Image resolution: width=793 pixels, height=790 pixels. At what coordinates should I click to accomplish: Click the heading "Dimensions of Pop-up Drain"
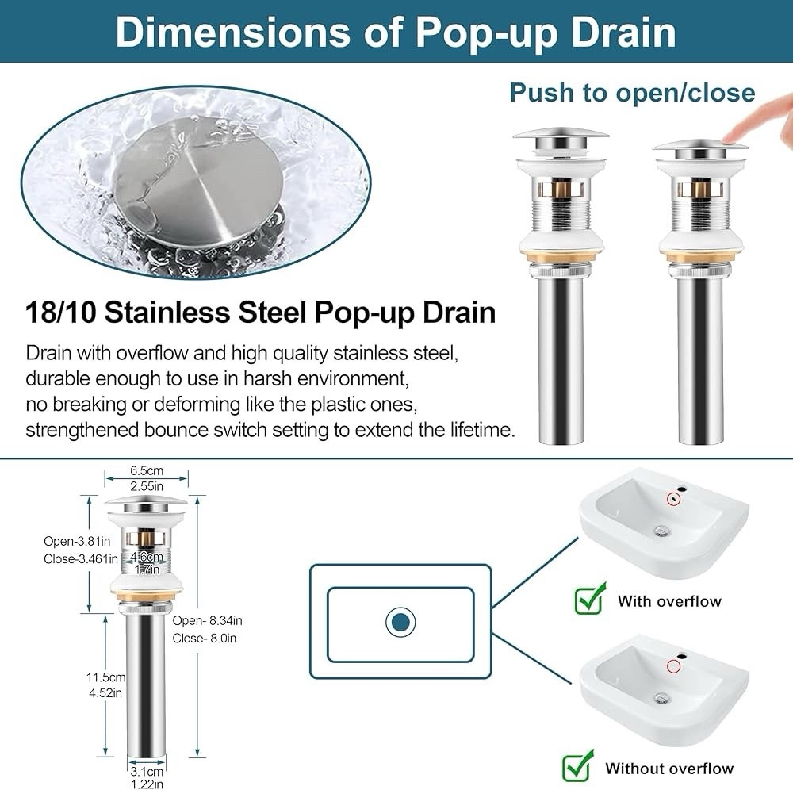click(x=396, y=32)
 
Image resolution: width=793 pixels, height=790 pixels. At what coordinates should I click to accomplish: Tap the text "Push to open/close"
click(x=632, y=93)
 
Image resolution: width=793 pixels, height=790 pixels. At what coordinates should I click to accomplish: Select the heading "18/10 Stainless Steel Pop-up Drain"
click(x=261, y=312)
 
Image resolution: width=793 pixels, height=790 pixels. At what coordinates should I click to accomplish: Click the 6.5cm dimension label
click(x=147, y=471)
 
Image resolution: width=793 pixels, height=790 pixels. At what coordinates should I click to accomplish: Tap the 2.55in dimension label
click(x=147, y=486)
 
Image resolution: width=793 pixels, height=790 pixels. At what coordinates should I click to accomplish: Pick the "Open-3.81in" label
click(x=77, y=541)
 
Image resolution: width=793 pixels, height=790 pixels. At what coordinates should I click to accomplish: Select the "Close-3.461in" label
click(x=80, y=559)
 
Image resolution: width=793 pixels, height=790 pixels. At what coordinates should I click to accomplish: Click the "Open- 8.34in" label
click(x=207, y=620)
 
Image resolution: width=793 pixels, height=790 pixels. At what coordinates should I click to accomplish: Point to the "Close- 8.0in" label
click(x=205, y=639)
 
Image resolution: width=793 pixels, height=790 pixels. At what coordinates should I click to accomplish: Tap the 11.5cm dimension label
click(x=105, y=677)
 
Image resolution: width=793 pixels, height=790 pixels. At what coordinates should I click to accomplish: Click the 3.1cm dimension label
click(x=147, y=772)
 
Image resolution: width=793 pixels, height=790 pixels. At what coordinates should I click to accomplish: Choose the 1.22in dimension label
click(x=147, y=784)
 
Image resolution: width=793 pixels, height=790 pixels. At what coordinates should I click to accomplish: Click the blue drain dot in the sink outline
click(x=400, y=622)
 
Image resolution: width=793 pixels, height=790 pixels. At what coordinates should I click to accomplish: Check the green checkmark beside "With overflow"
click(x=591, y=599)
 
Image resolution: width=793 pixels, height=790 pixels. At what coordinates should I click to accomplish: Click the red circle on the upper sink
click(x=673, y=499)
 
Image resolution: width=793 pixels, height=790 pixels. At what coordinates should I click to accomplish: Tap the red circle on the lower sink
click(x=673, y=666)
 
